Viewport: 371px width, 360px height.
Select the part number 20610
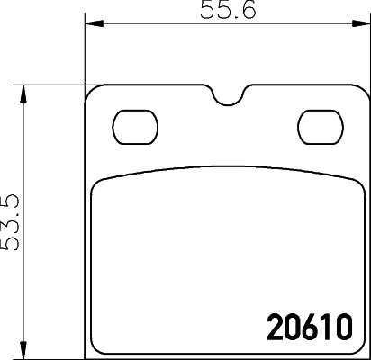click(x=310, y=324)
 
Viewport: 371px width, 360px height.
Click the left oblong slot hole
click(x=136, y=123)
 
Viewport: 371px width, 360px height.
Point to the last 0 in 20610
click(x=341, y=324)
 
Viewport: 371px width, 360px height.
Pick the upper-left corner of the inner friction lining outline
click(x=95, y=182)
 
